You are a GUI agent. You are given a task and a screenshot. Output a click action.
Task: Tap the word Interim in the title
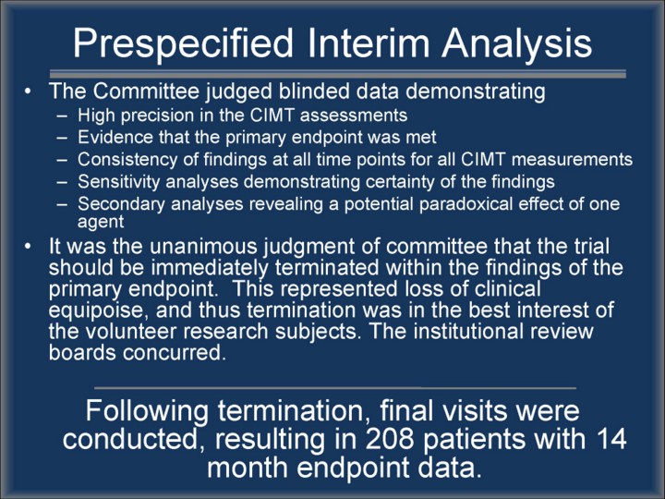coord(369,43)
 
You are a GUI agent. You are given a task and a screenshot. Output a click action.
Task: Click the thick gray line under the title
coord(338,73)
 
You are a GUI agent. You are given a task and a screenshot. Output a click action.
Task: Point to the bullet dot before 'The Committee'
coord(28,91)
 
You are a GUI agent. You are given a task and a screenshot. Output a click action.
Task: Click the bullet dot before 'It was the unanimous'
coord(28,246)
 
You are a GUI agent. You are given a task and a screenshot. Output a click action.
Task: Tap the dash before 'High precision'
coord(62,116)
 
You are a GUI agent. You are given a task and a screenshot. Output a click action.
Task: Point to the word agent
coord(101,223)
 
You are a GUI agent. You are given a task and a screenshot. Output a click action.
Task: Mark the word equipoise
coord(99,310)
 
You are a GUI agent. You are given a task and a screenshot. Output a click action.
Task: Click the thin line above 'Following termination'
coord(335,388)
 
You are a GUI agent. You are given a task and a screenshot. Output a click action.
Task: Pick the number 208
coord(390,438)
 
